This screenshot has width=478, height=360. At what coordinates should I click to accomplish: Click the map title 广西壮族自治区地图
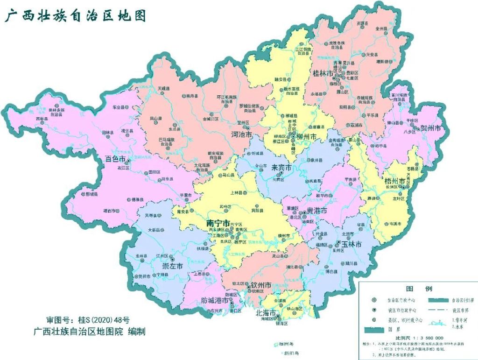click(75, 15)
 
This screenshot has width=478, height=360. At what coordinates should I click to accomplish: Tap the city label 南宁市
click(218, 223)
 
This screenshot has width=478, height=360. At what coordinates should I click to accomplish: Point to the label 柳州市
click(307, 137)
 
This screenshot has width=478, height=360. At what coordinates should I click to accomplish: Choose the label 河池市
click(242, 134)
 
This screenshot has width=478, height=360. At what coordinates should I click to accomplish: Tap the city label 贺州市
click(431, 128)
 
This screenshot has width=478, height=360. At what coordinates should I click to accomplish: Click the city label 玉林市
click(351, 244)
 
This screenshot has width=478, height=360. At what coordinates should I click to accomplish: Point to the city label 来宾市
click(282, 167)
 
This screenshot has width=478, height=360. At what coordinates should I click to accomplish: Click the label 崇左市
click(172, 266)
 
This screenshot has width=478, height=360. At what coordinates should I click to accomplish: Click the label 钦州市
click(261, 285)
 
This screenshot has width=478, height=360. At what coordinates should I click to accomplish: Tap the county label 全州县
click(382, 28)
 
